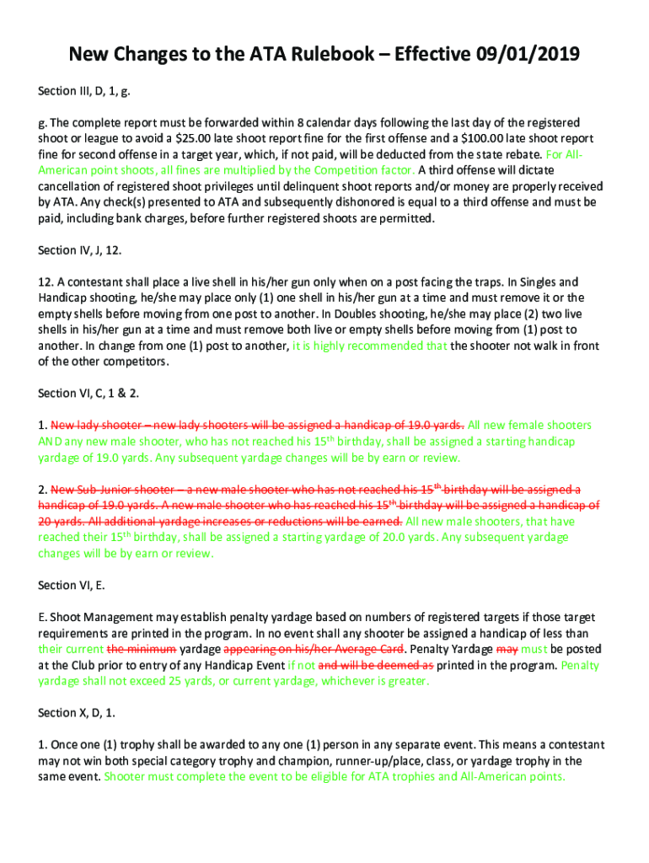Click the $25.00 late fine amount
[x=206, y=138]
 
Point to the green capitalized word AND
[x=51, y=442]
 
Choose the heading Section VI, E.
[x=72, y=585]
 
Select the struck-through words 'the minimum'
[x=142, y=649]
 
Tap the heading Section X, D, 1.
[x=77, y=712]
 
